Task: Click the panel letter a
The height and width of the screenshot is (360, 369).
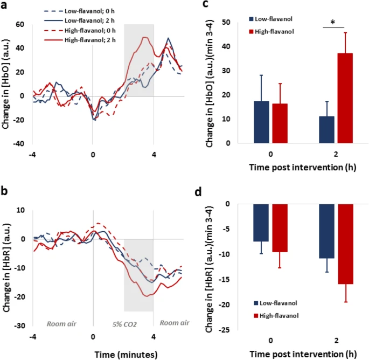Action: [x=5, y=5]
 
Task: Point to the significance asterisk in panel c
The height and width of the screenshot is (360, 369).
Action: [x=333, y=22]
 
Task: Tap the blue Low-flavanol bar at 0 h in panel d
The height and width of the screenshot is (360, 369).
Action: [x=261, y=222]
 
